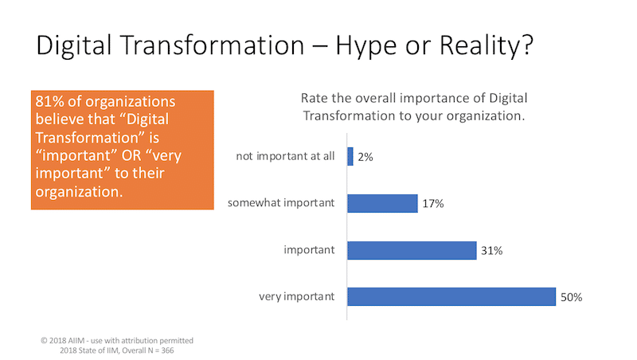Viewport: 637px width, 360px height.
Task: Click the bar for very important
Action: coord(451,297)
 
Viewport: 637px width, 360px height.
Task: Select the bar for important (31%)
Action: coord(412,250)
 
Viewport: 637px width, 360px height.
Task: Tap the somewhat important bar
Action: coord(382,203)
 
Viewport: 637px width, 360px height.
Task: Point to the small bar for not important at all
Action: coord(350,156)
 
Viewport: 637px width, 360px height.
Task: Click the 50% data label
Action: coord(572,298)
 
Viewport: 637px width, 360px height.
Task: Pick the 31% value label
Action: coord(492,251)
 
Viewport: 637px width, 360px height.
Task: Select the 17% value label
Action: coord(433,204)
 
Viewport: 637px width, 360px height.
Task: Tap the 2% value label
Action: coord(366,157)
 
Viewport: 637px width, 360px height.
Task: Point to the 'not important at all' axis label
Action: coord(286,156)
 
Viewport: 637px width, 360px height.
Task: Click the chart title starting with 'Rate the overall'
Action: coord(414,106)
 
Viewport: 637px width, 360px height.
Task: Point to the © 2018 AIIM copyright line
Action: coord(116,339)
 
